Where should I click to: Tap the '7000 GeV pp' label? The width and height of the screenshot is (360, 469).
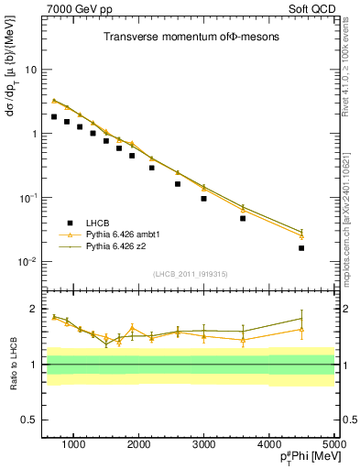coord(74,8)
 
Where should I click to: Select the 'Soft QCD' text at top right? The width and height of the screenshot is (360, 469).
coord(311,8)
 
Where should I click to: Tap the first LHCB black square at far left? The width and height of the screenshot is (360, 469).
coord(54,117)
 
